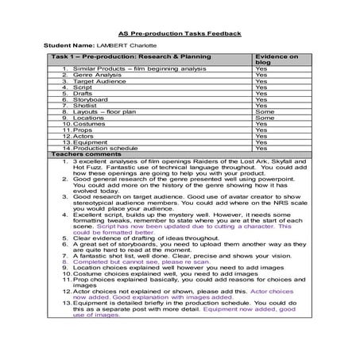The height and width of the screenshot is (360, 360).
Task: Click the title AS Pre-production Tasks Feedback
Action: (x=180, y=33)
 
